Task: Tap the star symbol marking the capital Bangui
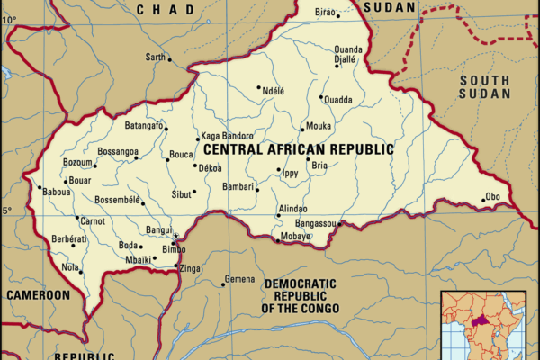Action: point(175,237)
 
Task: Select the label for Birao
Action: point(323,13)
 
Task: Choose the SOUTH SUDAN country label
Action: point(484,86)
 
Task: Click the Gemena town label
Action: point(240,280)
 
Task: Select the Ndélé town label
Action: point(272,90)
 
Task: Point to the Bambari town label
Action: point(238,186)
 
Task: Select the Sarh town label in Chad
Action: point(157,58)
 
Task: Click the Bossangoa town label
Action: point(117,151)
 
